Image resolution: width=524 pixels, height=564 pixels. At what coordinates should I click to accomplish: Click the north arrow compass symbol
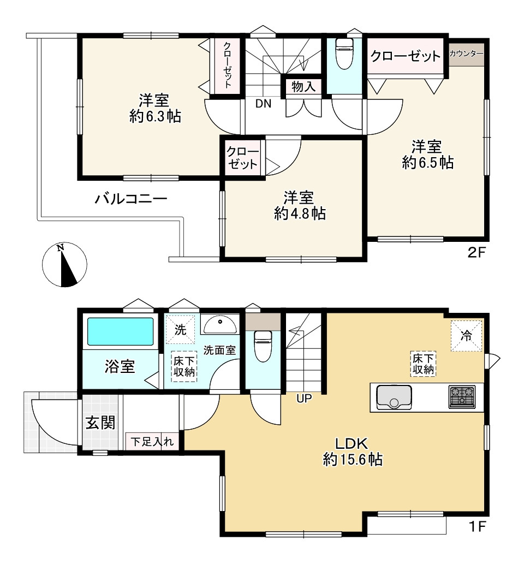pos(64,265)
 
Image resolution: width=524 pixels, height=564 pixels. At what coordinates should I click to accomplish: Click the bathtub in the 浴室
pos(121,331)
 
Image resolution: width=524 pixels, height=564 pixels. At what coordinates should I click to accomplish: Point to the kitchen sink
pos(394,396)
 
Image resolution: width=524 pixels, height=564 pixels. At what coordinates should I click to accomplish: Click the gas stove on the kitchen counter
pos(462,397)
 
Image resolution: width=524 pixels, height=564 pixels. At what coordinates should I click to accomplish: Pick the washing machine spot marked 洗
pos(180,330)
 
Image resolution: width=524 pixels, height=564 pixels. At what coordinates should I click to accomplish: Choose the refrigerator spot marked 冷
pos(466,336)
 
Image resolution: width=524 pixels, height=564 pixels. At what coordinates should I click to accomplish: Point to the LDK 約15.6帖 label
pos(352,451)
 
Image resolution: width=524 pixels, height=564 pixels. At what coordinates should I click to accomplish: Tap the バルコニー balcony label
pos(130,198)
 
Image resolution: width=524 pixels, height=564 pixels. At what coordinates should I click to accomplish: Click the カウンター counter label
pos(466,54)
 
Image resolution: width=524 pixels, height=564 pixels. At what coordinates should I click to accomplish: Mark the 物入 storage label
pos(303,86)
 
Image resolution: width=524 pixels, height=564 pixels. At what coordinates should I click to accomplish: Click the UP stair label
pos(303,399)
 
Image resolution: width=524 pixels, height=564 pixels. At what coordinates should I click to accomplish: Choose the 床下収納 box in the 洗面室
pos(185,365)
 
